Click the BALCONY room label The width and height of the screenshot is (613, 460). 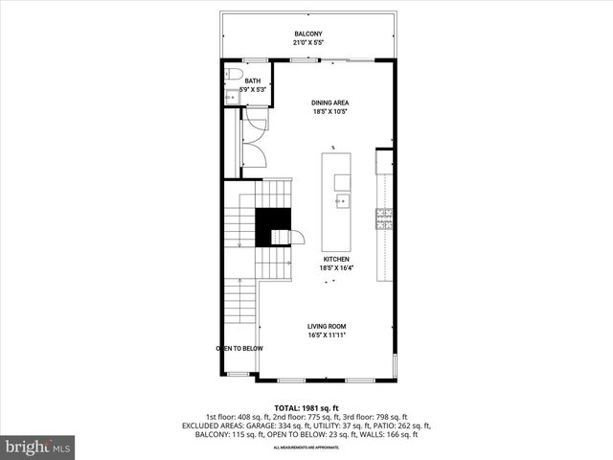pos(307,34)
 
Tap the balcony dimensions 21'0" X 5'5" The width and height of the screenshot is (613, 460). pos(307,43)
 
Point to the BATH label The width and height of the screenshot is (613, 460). pos(252,81)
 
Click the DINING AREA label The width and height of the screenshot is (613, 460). pos(329,103)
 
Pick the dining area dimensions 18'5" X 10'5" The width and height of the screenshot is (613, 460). pos(329,111)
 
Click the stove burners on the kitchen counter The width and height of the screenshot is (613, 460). pos(384,219)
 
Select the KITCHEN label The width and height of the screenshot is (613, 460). pos(335,260)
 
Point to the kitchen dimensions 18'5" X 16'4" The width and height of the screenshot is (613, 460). pos(335,268)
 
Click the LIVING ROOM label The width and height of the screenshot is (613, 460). pos(327,326)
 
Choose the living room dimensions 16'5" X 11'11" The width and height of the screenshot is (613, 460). pos(327,334)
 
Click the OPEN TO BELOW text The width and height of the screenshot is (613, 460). pos(238,348)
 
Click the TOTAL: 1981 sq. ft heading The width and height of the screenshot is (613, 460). pos(306,407)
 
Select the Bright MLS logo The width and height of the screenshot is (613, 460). pos(38,447)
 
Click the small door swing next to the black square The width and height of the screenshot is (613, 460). pos(296,237)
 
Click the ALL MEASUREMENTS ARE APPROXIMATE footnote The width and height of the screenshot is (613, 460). pos(306,448)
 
